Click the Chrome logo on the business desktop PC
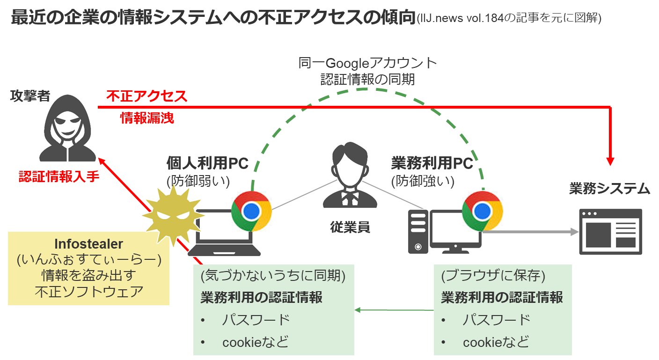482,211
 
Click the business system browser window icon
610,232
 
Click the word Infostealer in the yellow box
88,243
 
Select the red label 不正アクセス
146,96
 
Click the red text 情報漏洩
147,118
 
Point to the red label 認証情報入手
59,176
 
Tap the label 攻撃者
30,96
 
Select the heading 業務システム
609,189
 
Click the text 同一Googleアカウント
367,63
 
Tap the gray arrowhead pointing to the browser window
574,231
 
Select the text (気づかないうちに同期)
273,276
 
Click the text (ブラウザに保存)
493,276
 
